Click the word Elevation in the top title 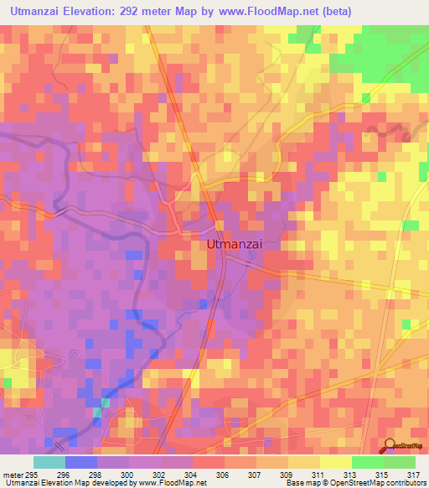coord(92,11)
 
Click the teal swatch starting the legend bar coord(49,463)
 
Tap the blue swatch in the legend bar coord(81,463)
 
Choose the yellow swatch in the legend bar coord(335,463)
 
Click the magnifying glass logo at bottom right coord(389,446)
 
